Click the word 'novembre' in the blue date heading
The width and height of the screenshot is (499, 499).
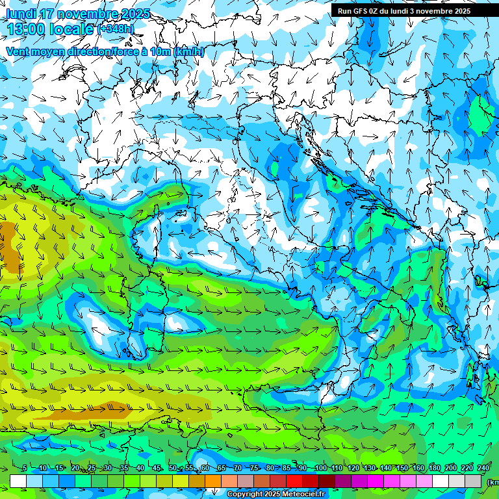(x=89, y=14)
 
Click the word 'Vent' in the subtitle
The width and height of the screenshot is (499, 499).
(x=18, y=52)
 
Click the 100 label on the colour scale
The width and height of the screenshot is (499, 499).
(x=320, y=468)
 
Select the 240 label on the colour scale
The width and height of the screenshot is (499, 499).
(x=483, y=468)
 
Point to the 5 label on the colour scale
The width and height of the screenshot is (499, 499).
(x=25, y=468)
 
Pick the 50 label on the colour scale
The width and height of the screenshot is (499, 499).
(x=173, y=468)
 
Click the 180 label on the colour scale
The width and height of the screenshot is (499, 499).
(x=434, y=468)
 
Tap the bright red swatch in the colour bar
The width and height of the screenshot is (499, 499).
(x=295, y=481)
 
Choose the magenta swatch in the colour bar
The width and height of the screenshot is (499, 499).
(x=376, y=481)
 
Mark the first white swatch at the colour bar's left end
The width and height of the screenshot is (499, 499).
(x=18, y=481)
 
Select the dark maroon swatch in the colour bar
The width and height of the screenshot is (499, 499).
(x=327, y=481)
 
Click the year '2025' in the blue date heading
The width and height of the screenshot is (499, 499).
(x=133, y=14)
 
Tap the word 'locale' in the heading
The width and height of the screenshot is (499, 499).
(x=73, y=29)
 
